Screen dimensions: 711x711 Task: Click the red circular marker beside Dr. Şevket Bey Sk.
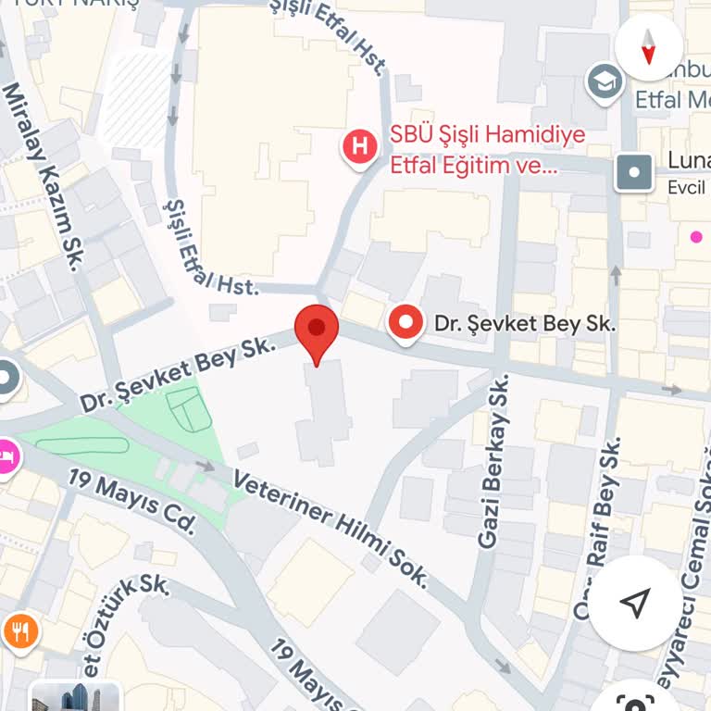(405, 323)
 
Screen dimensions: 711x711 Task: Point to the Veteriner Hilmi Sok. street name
(331, 529)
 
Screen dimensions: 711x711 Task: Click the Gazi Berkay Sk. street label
(494, 460)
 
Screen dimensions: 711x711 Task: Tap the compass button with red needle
(648, 45)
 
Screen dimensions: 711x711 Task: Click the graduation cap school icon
(605, 82)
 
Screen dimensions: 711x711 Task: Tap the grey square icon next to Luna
(634, 171)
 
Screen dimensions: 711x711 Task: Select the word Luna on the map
(687, 161)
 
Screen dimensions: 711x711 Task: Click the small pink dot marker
(696, 237)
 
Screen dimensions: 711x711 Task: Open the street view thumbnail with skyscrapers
(75, 696)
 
